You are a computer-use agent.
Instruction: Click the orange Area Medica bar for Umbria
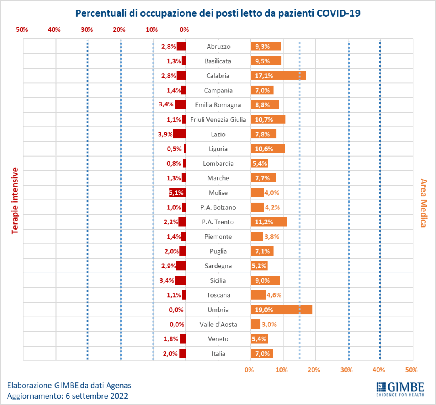click(x=281, y=310)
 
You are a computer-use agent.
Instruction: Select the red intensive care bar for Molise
click(x=177, y=193)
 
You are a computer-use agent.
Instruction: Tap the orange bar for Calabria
click(x=278, y=75)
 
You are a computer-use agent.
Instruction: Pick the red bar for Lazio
click(x=179, y=134)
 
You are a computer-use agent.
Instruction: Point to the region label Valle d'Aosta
click(x=218, y=324)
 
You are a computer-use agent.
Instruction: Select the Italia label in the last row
click(x=218, y=354)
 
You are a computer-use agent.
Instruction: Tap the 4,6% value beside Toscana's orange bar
click(x=273, y=295)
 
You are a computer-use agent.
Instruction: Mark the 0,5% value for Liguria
click(x=174, y=149)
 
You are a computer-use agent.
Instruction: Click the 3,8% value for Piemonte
click(x=271, y=237)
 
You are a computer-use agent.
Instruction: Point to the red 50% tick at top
click(x=22, y=29)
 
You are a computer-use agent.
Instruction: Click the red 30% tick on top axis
click(x=86, y=29)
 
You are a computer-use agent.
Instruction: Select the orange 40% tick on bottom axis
click(x=379, y=370)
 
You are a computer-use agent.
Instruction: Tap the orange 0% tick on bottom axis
click(x=249, y=370)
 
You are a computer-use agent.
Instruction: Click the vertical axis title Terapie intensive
click(x=15, y=200)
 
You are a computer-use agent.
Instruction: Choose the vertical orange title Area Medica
click(x=423, y=202)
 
